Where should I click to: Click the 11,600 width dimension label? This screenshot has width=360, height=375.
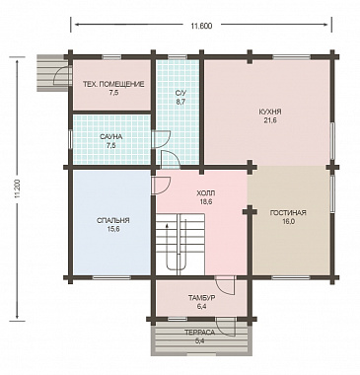(201, 26)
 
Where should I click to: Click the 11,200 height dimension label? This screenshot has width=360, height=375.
(18, 188)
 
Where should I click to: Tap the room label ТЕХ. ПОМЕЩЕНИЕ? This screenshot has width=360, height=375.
(113, 85)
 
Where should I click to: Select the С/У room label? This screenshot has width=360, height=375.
(180, 94)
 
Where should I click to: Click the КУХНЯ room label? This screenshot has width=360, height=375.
(270, 112)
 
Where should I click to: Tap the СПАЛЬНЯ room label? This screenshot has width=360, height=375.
(113, 220)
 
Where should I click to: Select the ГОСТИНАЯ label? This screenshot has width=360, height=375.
(288, 213)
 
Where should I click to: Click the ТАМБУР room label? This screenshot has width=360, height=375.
(202, 298)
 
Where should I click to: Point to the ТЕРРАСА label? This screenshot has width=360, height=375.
(199, 333)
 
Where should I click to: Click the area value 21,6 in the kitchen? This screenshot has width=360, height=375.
(270, 120)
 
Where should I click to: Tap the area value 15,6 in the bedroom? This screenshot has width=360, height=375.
(113, 229)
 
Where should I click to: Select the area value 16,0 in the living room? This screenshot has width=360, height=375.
(288, 221)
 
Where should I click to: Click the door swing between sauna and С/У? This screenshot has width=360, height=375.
(161, 139)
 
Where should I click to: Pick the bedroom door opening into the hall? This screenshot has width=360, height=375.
(161, 186)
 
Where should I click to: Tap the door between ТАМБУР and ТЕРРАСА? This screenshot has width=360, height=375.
(226, 327)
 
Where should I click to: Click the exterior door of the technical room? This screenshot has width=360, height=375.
(63, 76)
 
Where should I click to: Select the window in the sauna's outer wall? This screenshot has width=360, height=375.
(70, 139)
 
